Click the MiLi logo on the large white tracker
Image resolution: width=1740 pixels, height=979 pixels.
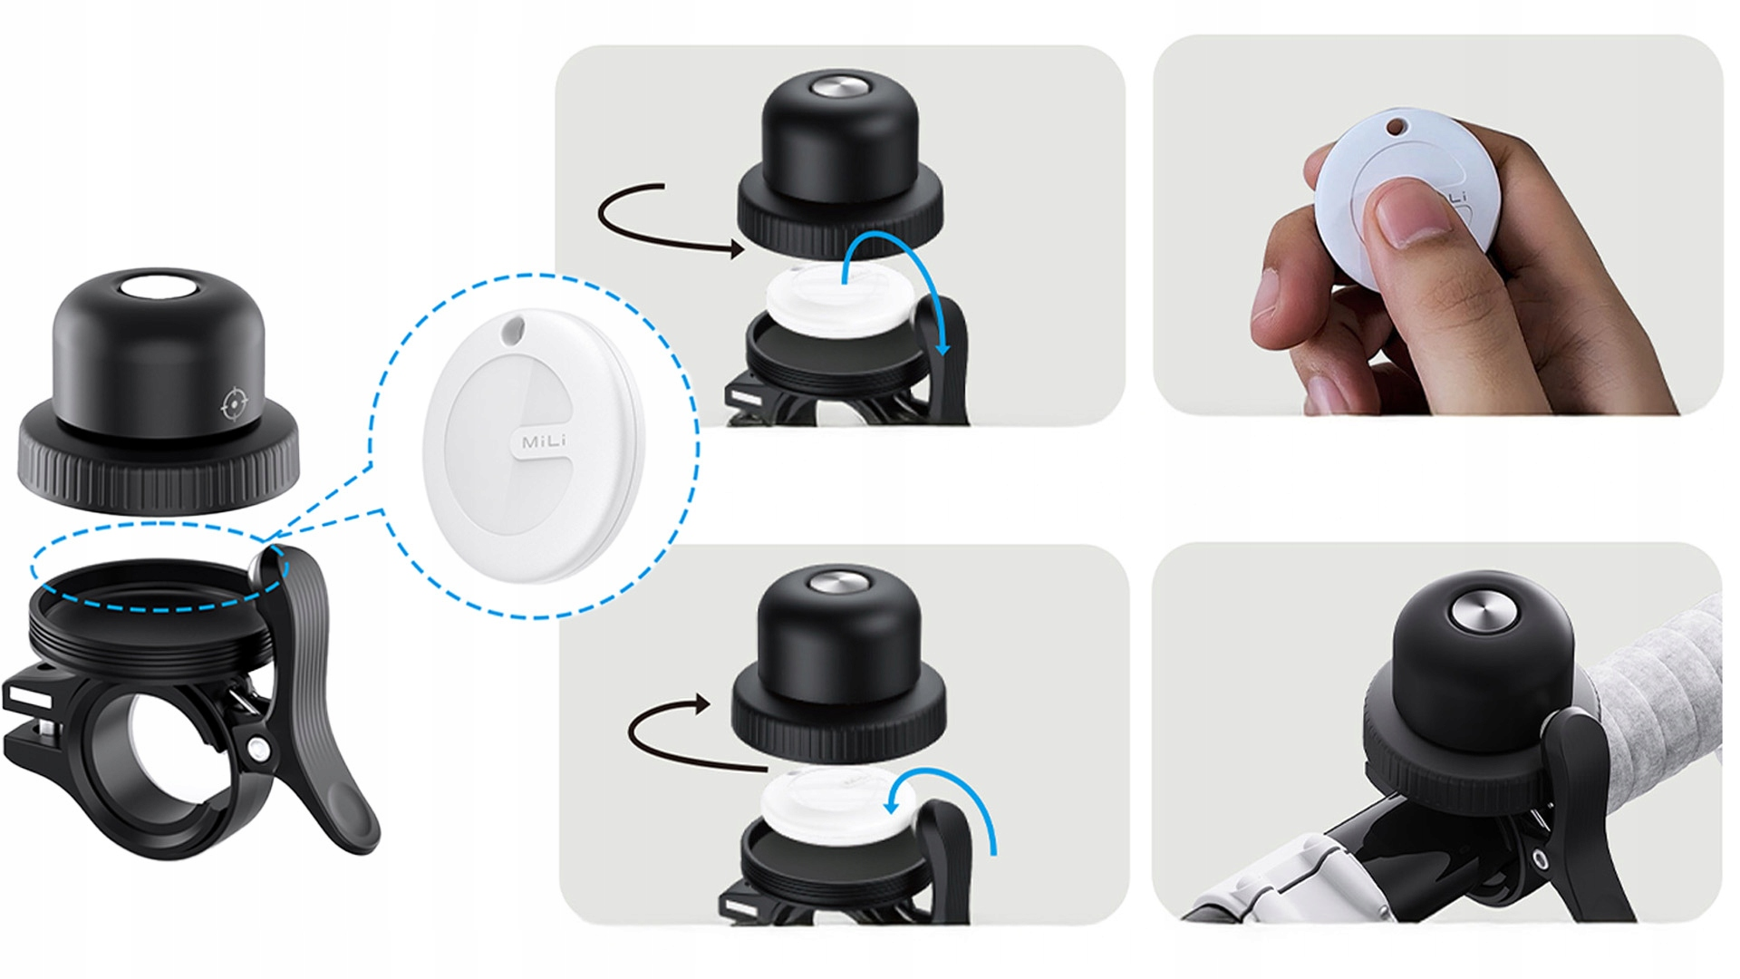(544, 441)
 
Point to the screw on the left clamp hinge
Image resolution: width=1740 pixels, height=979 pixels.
(259, 749)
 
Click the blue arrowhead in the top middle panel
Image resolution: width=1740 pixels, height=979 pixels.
(944, 345)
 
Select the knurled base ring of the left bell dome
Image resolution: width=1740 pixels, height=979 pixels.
(159, 457)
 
